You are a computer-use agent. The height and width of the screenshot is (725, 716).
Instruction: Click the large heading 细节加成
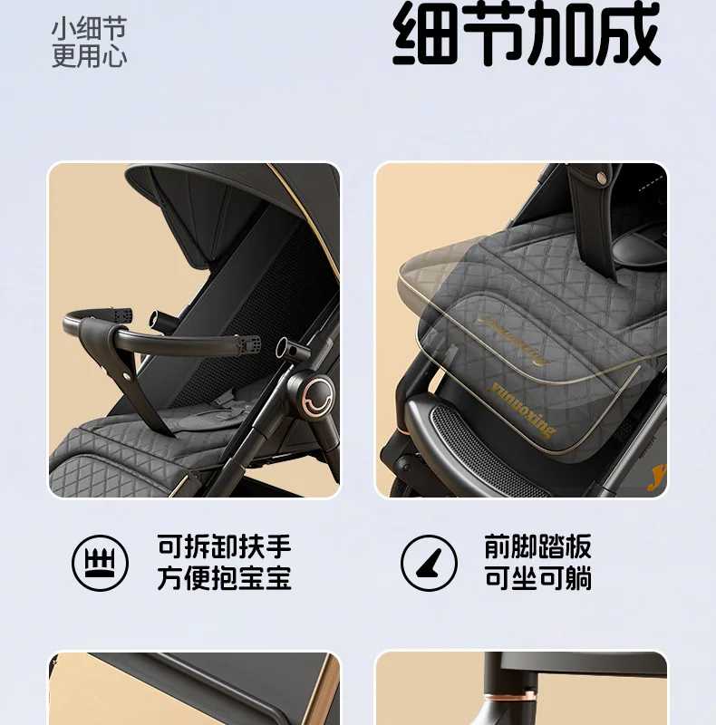tap(527, 34)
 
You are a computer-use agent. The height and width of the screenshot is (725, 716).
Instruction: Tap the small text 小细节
tap(89, 28)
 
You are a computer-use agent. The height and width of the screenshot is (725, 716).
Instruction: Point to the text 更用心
tap(89, 56)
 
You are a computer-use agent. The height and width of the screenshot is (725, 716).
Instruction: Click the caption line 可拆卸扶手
tap(225, 546)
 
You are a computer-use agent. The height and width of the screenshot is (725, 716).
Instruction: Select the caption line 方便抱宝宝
tap(225, 577)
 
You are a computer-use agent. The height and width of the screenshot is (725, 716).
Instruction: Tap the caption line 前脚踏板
tap(538, 546)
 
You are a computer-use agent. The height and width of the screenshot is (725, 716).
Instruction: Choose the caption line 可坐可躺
tap(538, 577)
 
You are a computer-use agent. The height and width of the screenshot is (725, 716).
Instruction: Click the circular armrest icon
tap(100, 563)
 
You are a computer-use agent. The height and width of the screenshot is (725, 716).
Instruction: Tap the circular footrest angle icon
tap(429, 563)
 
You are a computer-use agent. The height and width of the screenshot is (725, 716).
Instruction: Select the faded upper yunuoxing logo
tap(513, 340)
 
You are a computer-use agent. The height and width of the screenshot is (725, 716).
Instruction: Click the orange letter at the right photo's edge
tap(658, 478)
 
